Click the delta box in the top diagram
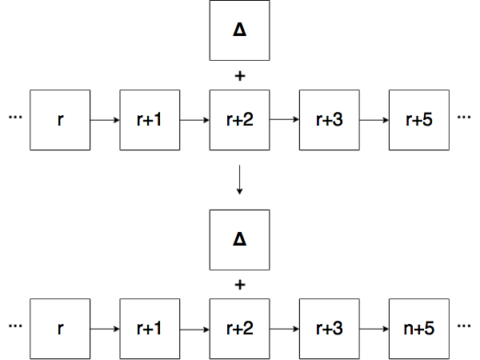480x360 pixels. pos(240,30)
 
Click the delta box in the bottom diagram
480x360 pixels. pos(240,240)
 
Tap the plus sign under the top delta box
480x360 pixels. pos(240,76)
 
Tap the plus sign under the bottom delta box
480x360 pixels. pos(240,285)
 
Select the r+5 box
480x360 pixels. pos(419,120)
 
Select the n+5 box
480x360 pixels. pos(419,329)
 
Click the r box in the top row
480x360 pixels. pos(60,120)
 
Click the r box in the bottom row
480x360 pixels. pos(60,329)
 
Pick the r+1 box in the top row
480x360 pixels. pos(150,120)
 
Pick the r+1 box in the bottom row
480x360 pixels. pos(150,329)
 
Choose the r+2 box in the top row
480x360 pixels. pos(240,120)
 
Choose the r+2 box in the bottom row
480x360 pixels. pos(240,329)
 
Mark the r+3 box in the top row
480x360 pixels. pos(330,120)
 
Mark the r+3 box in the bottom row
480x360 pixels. pos(330,329)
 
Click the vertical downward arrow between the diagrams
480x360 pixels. pos(240,180)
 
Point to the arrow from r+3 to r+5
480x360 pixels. pos(374,120)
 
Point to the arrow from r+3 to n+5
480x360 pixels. pos(374,329)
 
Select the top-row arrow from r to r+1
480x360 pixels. pos(105,120)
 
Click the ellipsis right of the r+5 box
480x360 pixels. pos(464,117)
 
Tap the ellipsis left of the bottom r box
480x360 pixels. pos(15,326)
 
